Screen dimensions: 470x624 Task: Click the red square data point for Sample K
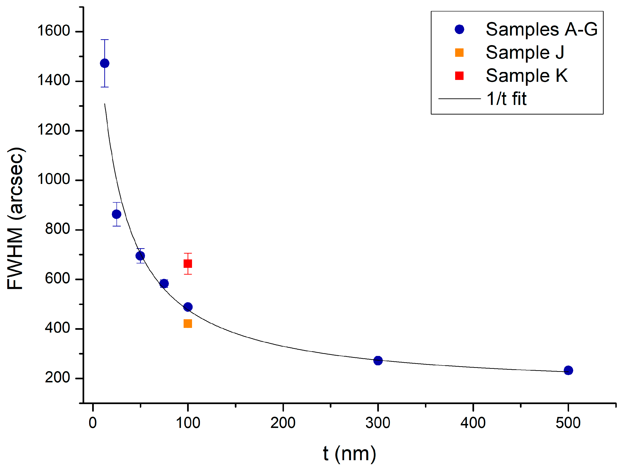click(x=188, y=264)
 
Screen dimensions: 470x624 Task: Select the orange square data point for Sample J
click(x=188, y=323)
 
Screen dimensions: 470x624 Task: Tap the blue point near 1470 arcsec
click(x=105, y=63)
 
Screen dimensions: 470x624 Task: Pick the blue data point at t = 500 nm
click(x=568, y=370)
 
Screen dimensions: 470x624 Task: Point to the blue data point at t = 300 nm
click(x=378, y=360)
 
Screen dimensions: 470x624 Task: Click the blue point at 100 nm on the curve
click(x=188, y=307)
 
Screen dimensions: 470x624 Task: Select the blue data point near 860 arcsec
click(x=116, y=214)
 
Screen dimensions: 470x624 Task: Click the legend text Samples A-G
click(x=541, y=29)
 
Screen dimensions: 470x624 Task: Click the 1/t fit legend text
click(x=506, y=99)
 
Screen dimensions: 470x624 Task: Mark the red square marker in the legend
click(x=459, y=75)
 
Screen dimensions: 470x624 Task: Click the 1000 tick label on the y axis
click(x=54, y=179)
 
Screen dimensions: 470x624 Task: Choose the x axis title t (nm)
click(x=349, y=454)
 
